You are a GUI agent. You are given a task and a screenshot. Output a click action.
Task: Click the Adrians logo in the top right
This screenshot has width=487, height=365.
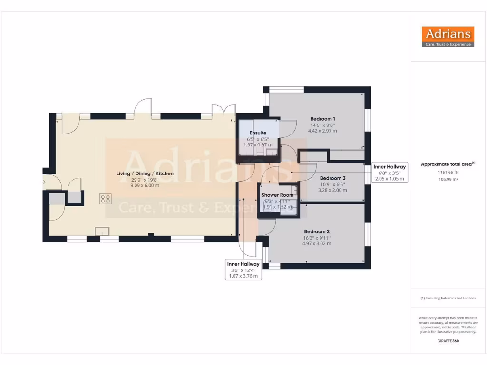pyautogui.click(x=448, y=37)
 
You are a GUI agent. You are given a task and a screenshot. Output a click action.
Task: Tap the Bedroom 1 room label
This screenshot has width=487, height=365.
pyautogui.click(x=323, y=119)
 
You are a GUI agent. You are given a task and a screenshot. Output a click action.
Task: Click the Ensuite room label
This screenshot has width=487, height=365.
pyautogui.click(x=258, y=133)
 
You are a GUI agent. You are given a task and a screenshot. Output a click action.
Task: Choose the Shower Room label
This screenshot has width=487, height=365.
pyautogui.click(x=277, y=195)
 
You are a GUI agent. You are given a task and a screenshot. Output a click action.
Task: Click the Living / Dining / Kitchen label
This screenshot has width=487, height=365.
pyautogui.click(x=145, y=173)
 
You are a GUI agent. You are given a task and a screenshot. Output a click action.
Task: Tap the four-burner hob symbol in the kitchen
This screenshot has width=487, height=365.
pyautogui.click(x=106, y=200)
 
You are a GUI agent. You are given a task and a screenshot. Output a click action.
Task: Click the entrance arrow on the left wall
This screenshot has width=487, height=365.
pyautogui.click(x=44, y=182)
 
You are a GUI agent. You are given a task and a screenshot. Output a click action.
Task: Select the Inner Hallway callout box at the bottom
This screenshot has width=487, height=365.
pyautogui.click(x=243, y=269)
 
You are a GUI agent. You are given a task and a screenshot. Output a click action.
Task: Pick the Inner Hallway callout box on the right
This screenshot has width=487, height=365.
pyautogui.click(x=389, y=173)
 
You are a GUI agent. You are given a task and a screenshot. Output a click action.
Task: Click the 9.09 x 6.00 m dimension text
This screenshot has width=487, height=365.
pyautogui.click(x=145, y=185)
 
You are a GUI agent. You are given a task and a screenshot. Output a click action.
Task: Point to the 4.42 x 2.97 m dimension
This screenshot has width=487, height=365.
pyautogui.click(x=322, y=131)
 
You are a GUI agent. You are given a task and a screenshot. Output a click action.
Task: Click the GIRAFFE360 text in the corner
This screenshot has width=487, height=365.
pyautogui.click(x=448, y=341)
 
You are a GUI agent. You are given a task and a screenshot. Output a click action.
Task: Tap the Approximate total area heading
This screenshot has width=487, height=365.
pyautogui.click(x=448, y=164)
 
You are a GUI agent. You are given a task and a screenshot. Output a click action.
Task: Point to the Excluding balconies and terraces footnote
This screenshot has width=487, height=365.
pyautogui.click(x=448, y=298)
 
